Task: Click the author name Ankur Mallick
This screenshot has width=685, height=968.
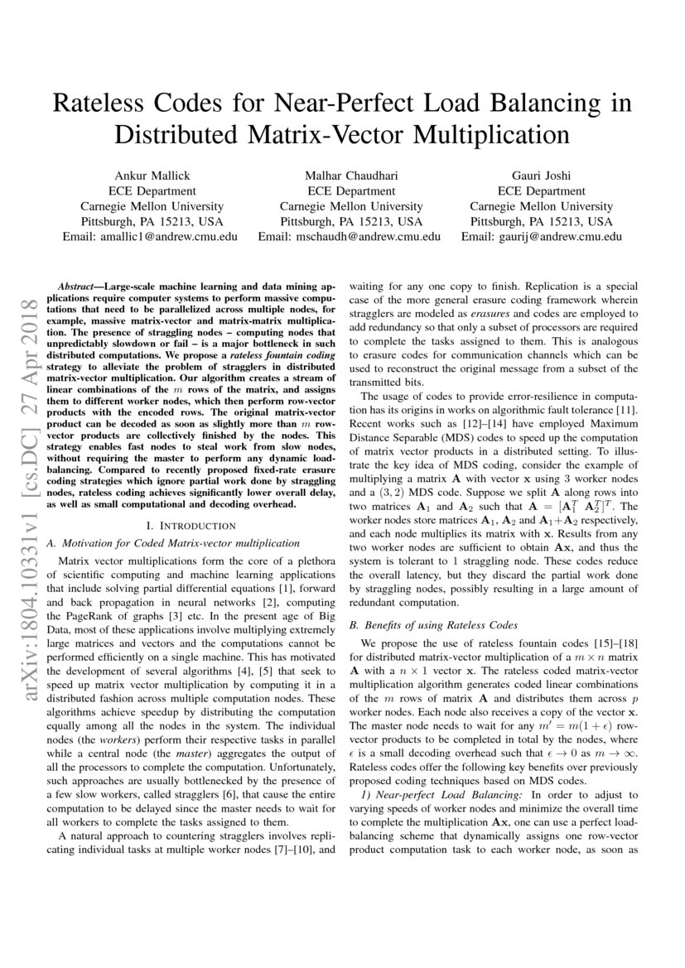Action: tap(149, 176)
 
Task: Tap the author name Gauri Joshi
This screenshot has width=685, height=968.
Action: tap(541, 176)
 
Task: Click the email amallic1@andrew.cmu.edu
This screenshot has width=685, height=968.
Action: tap(177, 236)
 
